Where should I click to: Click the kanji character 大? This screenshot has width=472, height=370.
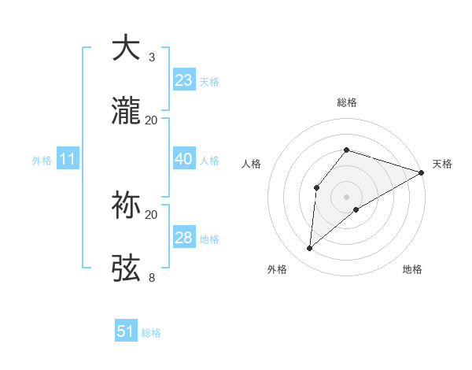(x=127, y=48)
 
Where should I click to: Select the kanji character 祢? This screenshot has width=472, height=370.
(x=127, y=205)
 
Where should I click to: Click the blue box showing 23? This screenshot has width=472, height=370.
(x=183, y=80)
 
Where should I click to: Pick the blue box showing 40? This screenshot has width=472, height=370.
(x=183, y=159)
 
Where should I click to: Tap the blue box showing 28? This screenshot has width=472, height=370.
(x=183, y=238)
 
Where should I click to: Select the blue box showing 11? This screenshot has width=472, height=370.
(x=68, y=160)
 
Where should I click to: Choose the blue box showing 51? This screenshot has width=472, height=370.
(x=126, y=332)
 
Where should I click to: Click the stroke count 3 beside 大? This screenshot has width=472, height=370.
(x=152, y=57)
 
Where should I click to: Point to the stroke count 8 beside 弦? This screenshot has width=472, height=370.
(x=152, y=277)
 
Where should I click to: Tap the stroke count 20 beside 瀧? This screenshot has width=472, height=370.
(x=152, y=120)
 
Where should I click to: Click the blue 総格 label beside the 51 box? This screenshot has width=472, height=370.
(x=151, y=333)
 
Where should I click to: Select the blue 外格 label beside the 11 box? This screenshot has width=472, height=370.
(x=42, y=161)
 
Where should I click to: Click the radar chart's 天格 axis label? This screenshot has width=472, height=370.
(x=442, y=164)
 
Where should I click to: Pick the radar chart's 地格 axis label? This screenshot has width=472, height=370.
(x=412, y=269)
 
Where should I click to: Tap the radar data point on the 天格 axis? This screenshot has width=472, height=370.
(x=422, y=172)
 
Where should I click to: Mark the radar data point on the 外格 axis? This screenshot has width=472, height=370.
(x=310, y=249)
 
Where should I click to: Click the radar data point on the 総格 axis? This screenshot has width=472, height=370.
(x=346, y=150)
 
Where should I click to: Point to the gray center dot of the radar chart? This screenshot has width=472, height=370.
(x=346, y=196)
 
